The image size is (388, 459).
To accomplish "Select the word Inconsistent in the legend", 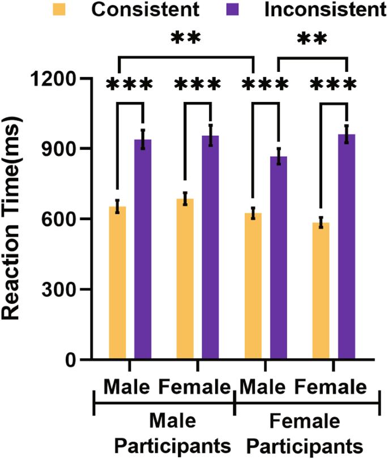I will pyautogui.click(x=325, y=10).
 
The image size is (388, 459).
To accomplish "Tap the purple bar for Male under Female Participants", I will pyautogui.click(x=278, y=258).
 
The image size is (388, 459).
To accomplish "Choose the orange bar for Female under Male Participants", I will pyautogui.click(x=185, y=278).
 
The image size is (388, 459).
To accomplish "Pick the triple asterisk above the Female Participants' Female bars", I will pyautogui.click(x=334, y=85).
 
